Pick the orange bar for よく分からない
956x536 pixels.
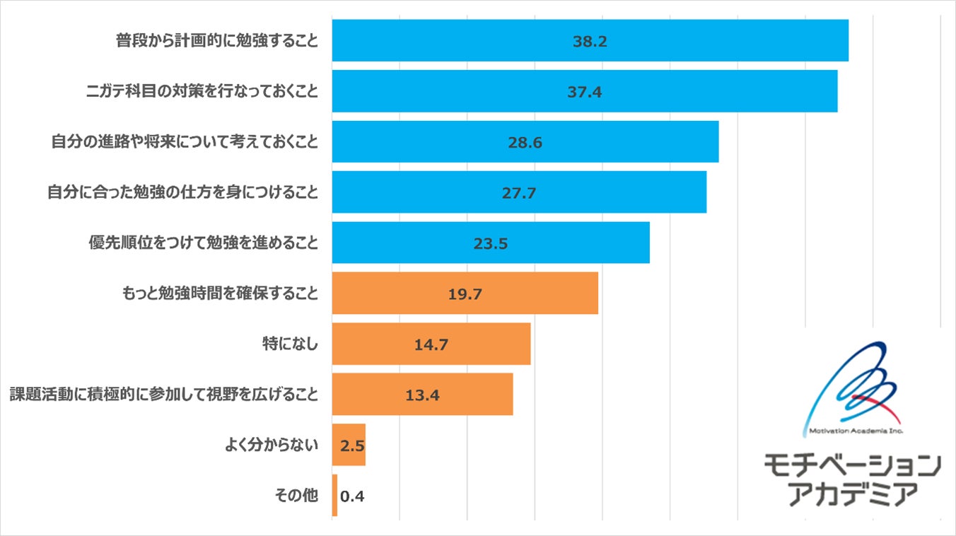pyautogui.click(x=349, y=445)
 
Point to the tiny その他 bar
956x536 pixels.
pyautogui.click(x=334, y=495)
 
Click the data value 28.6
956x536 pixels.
pyautogui.click(x=525, y=142)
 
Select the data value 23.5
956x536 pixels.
pyautogui.click(x=491, y=243)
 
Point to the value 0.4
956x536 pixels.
pyautogui.click(x=352, y=496)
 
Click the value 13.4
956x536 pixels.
pyautogui.click(x=422, y=395)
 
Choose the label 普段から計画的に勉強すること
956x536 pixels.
pyautogui.click(x=217, y=41)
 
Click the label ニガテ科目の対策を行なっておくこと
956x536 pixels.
pyautogui.click(x=202, y=91)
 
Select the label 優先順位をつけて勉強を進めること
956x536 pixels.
pyautogui.click(x=202, y=243)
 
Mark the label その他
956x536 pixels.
pyautogui.click(x=296, y=495)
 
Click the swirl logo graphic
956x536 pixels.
pyautogui.click(x=858, y=385)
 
